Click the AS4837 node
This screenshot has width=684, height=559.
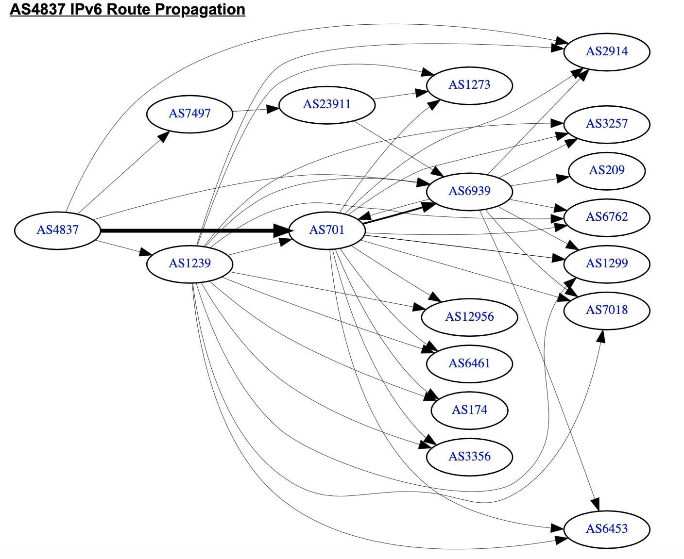57,230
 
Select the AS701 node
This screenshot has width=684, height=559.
327,230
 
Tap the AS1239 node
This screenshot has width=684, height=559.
190,264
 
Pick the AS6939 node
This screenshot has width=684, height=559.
469,192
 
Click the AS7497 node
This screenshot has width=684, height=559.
190,114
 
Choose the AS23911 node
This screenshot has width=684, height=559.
327,105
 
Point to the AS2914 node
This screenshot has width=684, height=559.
607,52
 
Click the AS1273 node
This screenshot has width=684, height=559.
469,85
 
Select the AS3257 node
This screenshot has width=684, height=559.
607,124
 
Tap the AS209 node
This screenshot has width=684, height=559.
607,171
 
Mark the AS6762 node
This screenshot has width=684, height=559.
607,217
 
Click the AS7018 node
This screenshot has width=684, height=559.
607,311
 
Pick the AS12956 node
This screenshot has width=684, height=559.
469,317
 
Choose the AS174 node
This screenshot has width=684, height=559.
469,411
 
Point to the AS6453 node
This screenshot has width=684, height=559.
607,529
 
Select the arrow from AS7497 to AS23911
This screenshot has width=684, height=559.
256,110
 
